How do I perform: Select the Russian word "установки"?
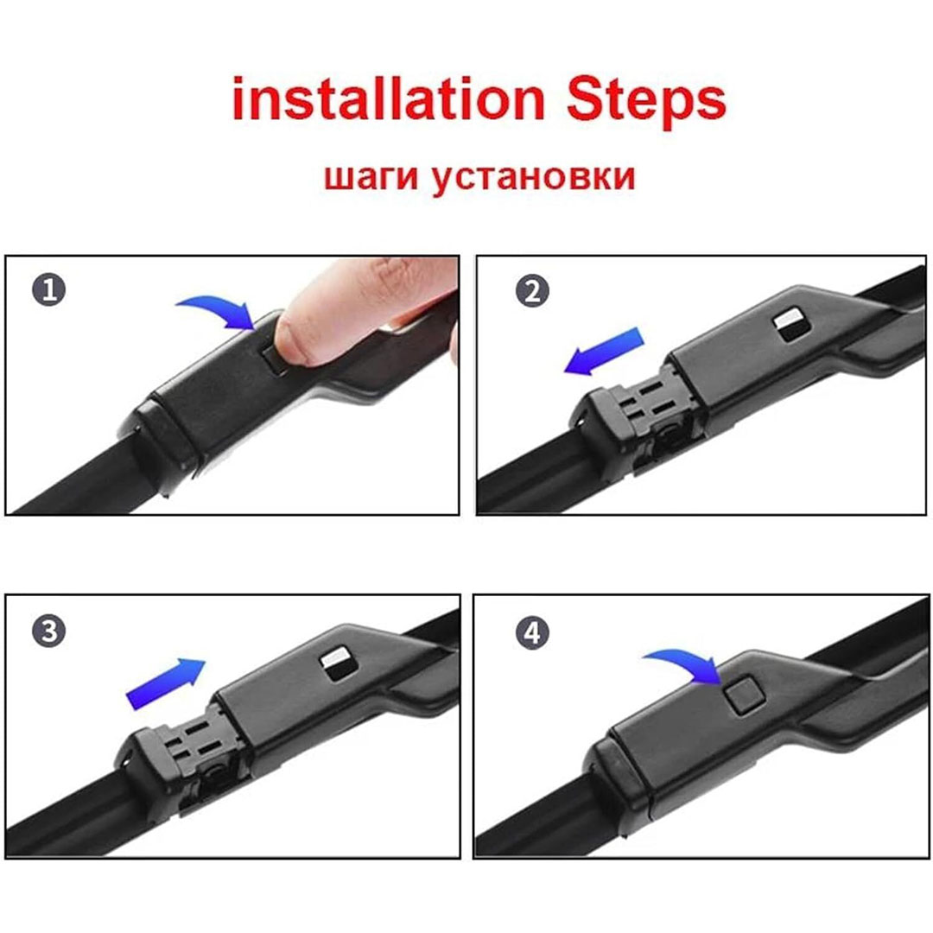[x=533, y=178]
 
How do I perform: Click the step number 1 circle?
[x=48, y=289]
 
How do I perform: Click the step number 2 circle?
[x=532, y=291]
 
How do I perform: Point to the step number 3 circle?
[x=48, y=631]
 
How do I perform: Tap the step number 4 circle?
[x=532, y=632]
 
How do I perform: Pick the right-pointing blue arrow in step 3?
[x=165, y=683]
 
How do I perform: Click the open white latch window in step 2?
[x=791, y=325]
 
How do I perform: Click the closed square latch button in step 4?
[x=744, y=695]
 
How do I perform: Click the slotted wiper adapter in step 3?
[x=187, y=752]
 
